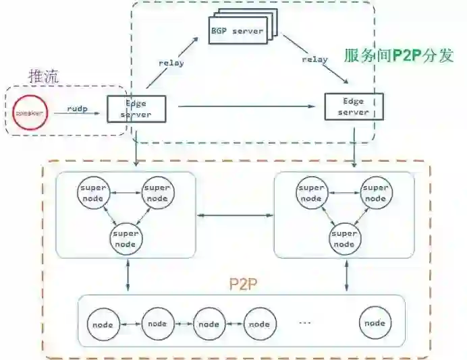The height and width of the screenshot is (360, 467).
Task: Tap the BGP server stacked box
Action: click(238, 32)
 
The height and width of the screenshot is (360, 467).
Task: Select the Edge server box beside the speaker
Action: click(136, 109)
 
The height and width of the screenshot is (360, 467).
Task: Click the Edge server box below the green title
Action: click(354, 107)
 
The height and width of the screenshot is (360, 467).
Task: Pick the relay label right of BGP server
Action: click(314, 59)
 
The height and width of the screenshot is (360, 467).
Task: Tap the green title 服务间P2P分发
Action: click(398, 55)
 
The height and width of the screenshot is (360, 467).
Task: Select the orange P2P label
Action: click(240, 282)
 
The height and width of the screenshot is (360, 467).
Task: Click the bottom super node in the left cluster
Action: click(126, 239)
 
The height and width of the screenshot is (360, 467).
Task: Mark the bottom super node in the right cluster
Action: click(344, 239)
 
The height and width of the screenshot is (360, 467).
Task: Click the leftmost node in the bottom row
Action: click(103, 324)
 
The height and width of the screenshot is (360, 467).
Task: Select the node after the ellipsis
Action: click(375, 323)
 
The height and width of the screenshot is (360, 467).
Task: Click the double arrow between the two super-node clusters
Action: click(234, 216)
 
